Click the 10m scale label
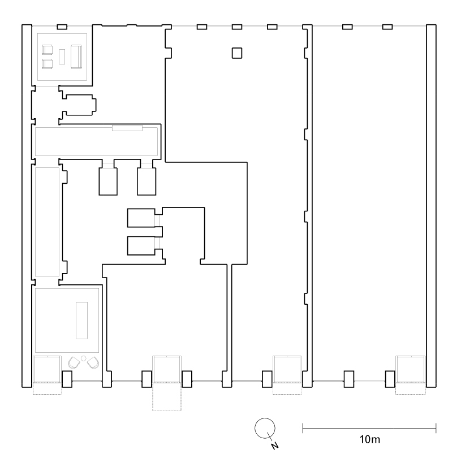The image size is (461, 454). point(369,439)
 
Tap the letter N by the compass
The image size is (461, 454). point(274,446)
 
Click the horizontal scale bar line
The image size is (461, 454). point(369,428)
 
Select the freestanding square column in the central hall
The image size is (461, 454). point(237,53)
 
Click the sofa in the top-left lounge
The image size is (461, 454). point(76,57)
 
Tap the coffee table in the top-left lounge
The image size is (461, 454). point(62,57)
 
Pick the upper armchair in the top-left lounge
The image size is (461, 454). point(47,50)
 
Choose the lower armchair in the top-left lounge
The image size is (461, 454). point(47,64)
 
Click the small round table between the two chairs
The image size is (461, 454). point(84,358)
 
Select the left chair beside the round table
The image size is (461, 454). point(74,362)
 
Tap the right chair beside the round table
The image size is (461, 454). point(93,362)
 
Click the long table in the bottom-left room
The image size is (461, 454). point(81,321)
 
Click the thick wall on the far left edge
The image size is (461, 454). point(27,206)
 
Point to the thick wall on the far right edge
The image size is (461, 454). point(432,206)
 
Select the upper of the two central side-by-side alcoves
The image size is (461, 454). point(141,218)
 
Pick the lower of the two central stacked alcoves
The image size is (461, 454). point(141,246)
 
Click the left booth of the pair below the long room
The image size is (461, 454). point(108,181)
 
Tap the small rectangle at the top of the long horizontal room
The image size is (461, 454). point(127,128)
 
